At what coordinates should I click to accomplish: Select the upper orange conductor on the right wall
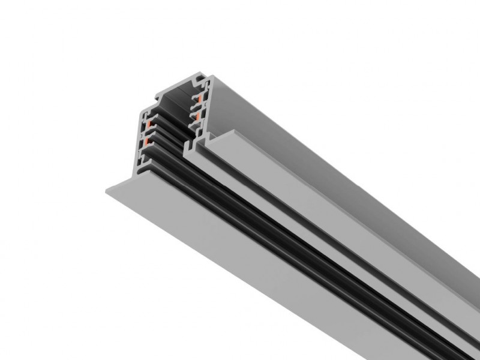195,97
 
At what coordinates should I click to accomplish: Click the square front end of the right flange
207,145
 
